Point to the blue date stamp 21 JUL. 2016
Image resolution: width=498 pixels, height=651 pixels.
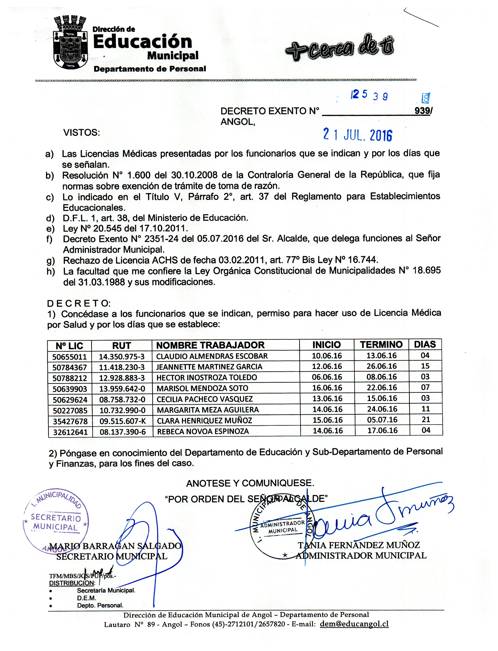[x=358, y=135]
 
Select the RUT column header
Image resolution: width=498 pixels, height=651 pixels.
[x=121, y=345]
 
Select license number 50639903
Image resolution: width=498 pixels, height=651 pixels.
[x=70, y=389]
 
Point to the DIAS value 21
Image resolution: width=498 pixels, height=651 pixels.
[x=426, y=419]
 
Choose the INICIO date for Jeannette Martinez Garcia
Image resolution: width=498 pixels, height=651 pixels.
[x=327, y=366]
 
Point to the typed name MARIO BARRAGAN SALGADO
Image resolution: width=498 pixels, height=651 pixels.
[x=115, y=546]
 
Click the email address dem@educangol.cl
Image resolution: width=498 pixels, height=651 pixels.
[x=354, y=624]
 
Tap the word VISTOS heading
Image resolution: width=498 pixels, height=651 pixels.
[x=82, y=133]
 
